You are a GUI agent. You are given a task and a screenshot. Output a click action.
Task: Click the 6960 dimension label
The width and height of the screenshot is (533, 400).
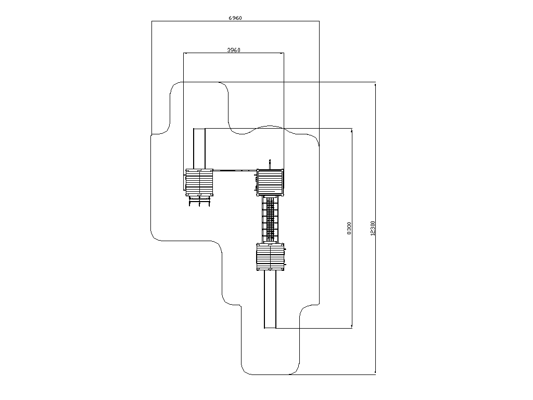tap(235, 18)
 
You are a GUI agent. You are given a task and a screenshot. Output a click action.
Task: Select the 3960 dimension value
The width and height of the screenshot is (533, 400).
tap(234, 50)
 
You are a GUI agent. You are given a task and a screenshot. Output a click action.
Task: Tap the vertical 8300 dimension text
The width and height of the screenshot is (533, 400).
tap(349, 228)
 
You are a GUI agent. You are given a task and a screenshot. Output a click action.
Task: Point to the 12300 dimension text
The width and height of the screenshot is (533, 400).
tap(373, 228)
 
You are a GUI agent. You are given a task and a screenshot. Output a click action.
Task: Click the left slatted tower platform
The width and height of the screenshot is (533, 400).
tap(199, 182)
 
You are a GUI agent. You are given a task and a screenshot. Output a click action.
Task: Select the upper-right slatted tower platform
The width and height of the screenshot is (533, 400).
tap(270, 182)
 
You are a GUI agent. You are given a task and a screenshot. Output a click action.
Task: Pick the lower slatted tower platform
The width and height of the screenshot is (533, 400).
tap(270, 257)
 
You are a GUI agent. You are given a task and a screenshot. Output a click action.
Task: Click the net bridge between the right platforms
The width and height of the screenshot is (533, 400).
tap(270, 220)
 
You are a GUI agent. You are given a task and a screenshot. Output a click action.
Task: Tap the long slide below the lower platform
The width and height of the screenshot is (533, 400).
tap(270, 299)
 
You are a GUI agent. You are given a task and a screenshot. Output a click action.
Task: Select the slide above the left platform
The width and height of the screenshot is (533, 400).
tap(199, 148)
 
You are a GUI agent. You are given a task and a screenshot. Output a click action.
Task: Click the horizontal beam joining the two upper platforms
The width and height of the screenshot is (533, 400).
tap(235, 170)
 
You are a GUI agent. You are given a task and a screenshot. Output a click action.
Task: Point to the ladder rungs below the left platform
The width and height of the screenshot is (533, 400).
tap(199, 202)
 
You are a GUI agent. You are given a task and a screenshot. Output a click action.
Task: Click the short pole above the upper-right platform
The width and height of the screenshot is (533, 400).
tap(270, 164)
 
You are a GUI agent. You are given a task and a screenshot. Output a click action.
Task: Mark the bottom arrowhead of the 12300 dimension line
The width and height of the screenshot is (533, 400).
tap(375, 373)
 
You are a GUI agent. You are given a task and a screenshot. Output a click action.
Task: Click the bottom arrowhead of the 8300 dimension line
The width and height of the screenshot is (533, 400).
tap(352, 327)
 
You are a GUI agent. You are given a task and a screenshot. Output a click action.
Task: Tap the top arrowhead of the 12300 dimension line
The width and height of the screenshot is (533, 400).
tap(375, 84)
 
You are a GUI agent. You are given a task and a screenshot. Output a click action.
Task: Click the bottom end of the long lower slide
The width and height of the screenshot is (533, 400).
tap(270, 328)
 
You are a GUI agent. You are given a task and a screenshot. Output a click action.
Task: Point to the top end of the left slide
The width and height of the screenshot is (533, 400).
tap(199, 129)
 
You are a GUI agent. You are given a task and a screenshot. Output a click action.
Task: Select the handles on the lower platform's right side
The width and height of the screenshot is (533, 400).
tap(286, 257)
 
